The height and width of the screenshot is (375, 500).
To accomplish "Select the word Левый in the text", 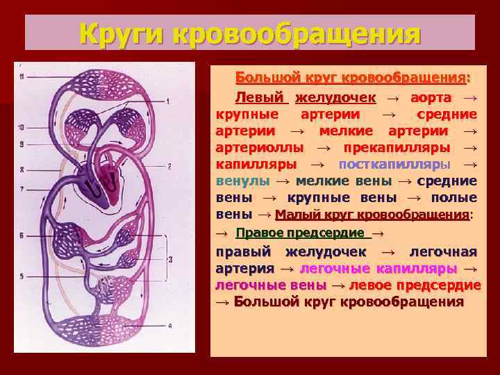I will point(261,97).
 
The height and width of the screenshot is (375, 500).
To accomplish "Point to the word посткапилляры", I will point(394,164).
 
